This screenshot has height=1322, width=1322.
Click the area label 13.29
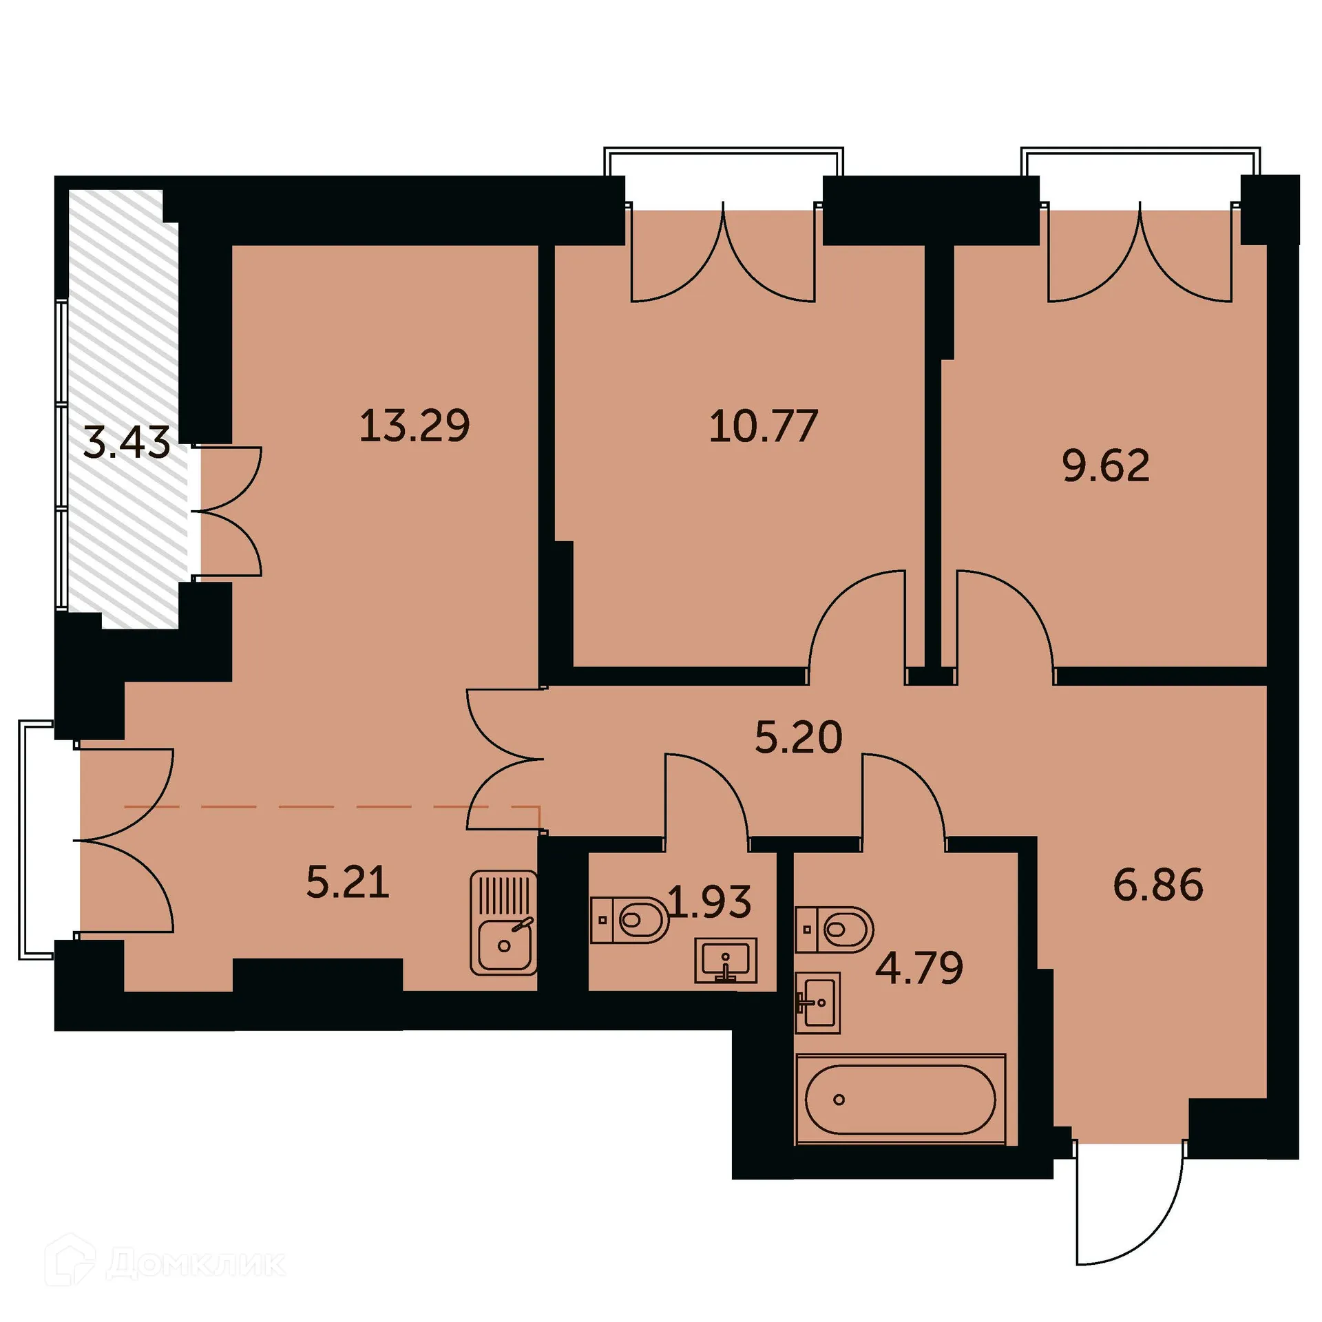click(415, 426)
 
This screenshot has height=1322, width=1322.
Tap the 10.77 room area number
click(763, 426)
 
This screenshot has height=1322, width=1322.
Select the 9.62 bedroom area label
click(1106, 466)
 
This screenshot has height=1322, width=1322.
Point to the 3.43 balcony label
click(126, 442)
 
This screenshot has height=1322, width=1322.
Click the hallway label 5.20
click(798, 737)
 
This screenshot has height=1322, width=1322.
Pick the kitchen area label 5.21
click(348, 882)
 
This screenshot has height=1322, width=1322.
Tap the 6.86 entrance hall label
click(1158, 885)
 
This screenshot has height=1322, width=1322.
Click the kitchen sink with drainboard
click(503, 923)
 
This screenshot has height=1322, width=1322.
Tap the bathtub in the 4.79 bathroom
click(900, 1100)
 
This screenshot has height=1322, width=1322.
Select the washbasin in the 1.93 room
click(725, 960)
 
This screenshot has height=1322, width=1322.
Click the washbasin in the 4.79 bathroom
click(817, 1003)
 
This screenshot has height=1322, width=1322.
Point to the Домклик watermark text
click(196, 1263)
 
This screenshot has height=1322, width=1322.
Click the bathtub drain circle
click(839, 1100)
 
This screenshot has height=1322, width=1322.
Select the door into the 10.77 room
click(857, 620)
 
